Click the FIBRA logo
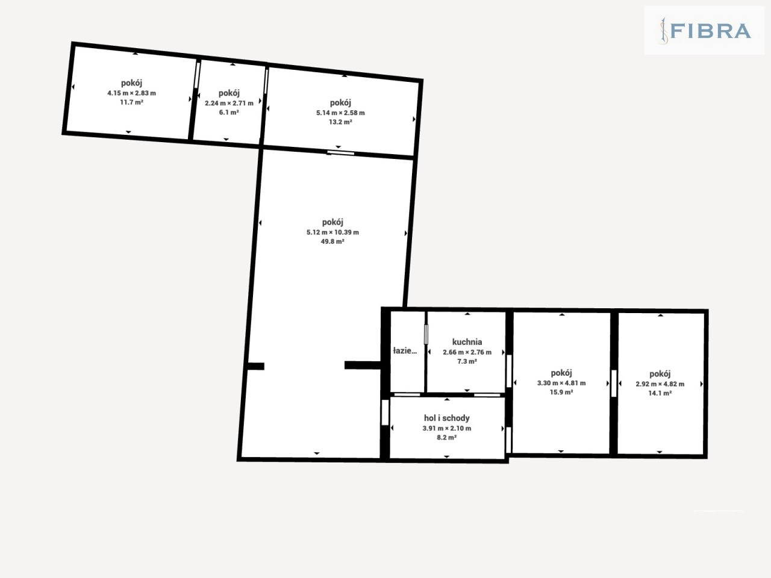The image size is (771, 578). click(705, 31)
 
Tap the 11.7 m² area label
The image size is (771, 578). click(132, 102)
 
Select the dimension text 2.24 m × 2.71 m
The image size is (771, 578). click(229, 103)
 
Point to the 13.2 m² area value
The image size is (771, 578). click(340, 122)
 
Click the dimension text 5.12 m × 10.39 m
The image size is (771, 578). click(332, 232)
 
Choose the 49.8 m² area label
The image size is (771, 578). click(332, 241)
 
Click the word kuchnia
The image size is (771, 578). click(467, 342)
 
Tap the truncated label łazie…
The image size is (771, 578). click(405, 350)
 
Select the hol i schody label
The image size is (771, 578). click(447, 418)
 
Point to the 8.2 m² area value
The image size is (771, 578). click(447, 437)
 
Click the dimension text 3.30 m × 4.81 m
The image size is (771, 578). click(561, 383)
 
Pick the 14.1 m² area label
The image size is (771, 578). click(660, 393)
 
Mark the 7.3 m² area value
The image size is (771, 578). click(467, 361)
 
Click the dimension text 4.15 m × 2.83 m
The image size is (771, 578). click(132, 93)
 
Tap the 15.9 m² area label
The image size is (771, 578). click(561, 392)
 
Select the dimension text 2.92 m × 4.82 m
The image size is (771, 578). click(660, 384)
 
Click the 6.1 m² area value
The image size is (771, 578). click(229, 113)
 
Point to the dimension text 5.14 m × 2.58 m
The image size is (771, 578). click(340, 113)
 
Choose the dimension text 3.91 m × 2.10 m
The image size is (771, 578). click(447, 428)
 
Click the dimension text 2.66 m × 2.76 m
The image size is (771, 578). click(467, 352)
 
